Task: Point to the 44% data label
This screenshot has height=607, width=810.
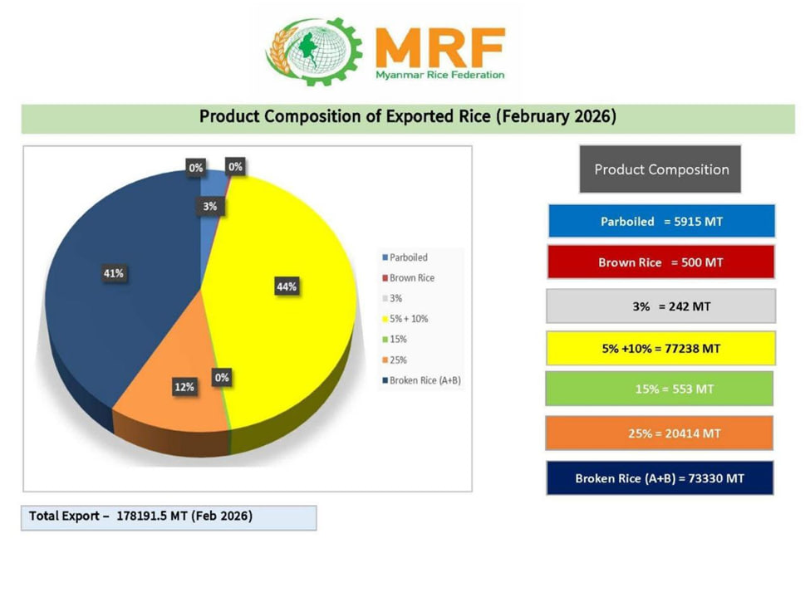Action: pyautogui.click(x=287, y=286)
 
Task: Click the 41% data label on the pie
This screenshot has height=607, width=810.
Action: pyautogui.click(x=113, y=273)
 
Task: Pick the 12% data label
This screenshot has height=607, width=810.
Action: pyautogui.click(x=184, y=387)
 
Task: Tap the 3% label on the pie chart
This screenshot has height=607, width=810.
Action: pyautogui.click(x=211, y=206)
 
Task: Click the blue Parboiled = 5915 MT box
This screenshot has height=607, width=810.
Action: pyautogui.click(x=661, y=222)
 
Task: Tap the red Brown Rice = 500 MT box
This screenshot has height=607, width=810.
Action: pyautogui.click(x=661, y=262)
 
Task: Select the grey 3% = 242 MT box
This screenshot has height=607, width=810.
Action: pyautogui.click(x=661, y=306)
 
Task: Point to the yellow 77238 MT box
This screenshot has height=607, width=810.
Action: pyautogui.click(x=661, y=349)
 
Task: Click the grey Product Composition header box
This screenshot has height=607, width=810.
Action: pyautogui.click(x=660, y=169)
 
